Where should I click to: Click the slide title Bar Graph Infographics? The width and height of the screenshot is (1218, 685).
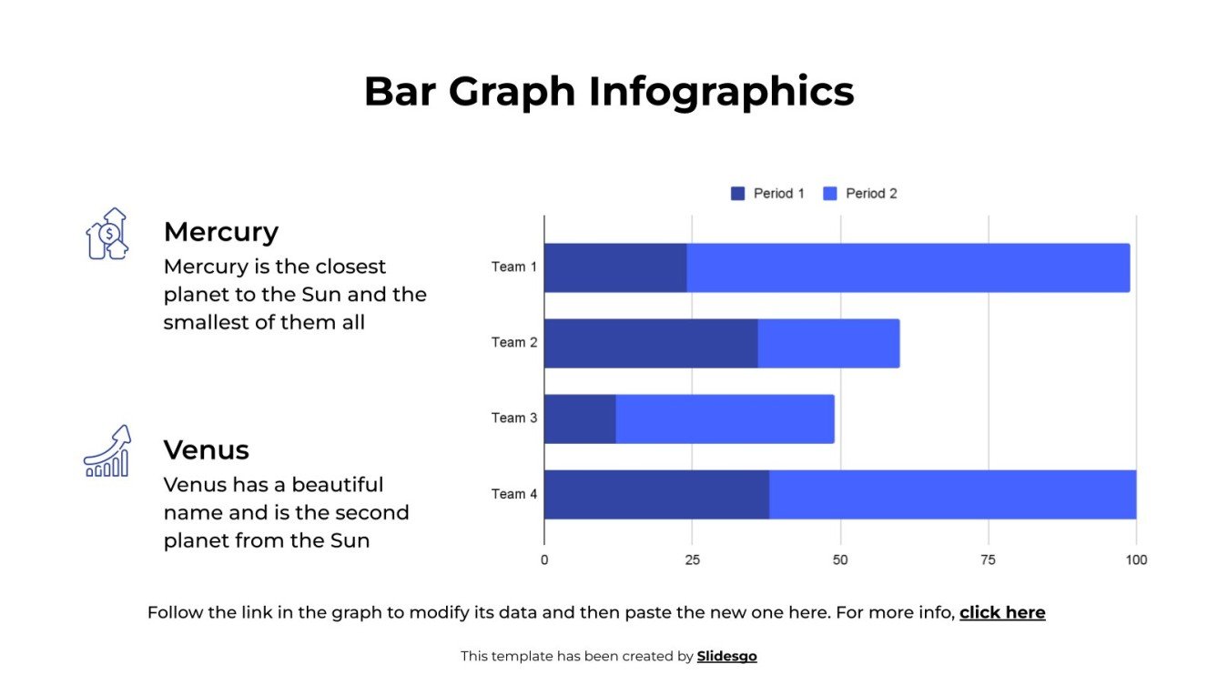pyautogui.click(x=608, y=92)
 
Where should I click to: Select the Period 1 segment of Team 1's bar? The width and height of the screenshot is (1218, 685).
pyautogui.click(x=614, y=267)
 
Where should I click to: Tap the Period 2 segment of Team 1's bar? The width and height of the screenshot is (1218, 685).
pyautogui.click(x=908, y=267)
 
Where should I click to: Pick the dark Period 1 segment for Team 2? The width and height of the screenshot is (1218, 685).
pyautogui.click(x=650, y=343)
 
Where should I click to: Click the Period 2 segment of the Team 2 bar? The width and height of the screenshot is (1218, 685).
pyautogui.click(x=828, y=343)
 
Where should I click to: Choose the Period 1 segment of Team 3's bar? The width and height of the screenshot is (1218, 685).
pyautogui.click(x=579, y=418)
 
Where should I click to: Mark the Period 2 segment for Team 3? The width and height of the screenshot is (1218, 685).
pyautogui.click(x=725, y=418)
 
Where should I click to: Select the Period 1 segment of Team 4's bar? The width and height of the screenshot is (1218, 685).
pyautogui.click(x=655, y=494)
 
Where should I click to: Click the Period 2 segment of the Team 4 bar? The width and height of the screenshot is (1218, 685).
pyautogui.click(x=952, y=494)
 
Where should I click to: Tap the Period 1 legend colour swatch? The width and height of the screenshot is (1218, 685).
pyautogui.click(x=737, y=194)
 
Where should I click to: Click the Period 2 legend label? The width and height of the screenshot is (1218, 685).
pyautogui.click(x=871, y=194)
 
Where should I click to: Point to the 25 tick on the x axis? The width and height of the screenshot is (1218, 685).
pyautogui.click(x=692, y=560)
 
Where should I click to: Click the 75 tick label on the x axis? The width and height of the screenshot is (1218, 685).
pyautogui.click(x=988, y=560)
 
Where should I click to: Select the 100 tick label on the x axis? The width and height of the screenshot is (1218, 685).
pyautogui.click(x=1135, y=560)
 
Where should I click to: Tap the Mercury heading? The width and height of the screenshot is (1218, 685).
pyautogui.click(x=220, y=232)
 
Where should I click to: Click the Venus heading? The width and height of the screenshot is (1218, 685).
pyautogui.click(x=206, y=450)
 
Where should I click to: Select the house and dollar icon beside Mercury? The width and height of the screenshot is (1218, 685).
pyautogui.click(x=107, y=235)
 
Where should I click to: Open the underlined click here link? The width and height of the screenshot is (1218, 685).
pyautogui.click(x=1001, y=613)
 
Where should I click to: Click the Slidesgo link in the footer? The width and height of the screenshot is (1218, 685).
pyautogui.click(x=726, y=656)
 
